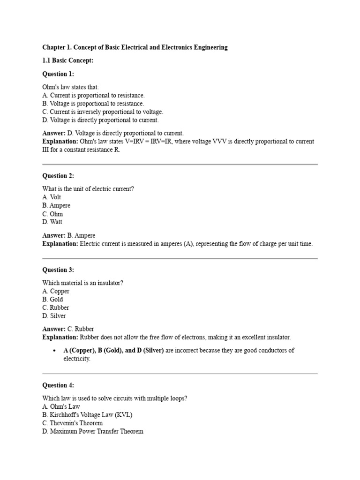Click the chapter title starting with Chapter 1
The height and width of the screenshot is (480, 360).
coord(135,47)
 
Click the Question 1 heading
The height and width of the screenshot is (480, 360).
coord(58,74)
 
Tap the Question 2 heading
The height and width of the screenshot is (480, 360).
coord(58,176)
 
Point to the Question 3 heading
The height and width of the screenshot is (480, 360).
coord(58,270)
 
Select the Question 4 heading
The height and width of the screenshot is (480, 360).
coord(58,385)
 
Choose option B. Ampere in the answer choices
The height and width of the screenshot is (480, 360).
coord(56,205)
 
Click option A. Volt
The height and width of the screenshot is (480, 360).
coord(52,197)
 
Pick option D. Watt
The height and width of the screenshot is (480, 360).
coord(52,222)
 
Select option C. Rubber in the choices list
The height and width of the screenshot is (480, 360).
coord(56,307)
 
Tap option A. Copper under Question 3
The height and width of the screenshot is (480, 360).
coord(56,291)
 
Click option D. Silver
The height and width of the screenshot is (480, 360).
coord(54,316)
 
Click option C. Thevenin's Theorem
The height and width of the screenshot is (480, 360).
coord(73,423)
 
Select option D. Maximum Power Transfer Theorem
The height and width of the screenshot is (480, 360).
coord(93,431)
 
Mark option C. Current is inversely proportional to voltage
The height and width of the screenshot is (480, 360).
coord(103,112)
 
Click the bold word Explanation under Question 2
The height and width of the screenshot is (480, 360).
coord(60,244)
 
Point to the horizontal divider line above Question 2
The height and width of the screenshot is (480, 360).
coord(180,165)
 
